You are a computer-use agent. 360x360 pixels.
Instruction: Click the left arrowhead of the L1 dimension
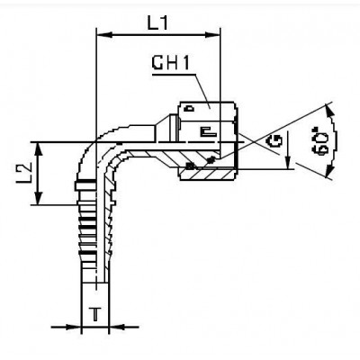point(100,36)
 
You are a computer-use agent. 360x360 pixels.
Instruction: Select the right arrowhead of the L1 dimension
point(215,36)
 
